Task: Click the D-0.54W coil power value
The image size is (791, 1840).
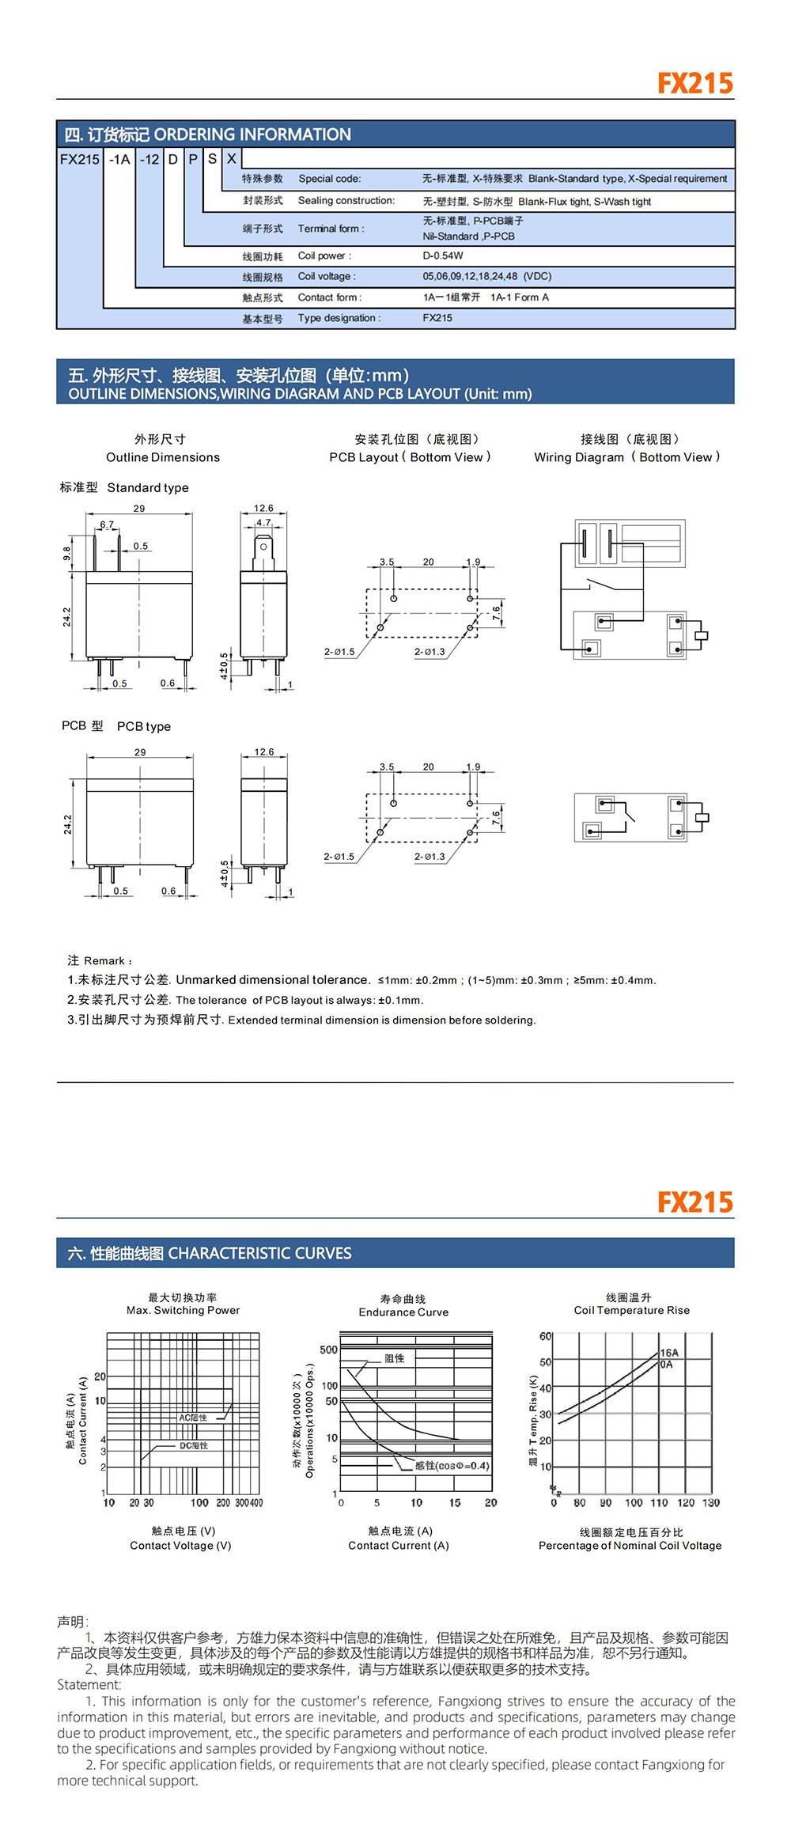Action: (443, 256)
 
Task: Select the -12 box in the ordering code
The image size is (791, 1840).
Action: (149, 159)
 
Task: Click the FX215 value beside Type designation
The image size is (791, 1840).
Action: (437, 318)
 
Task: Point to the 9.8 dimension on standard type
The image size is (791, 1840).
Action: (67, 554)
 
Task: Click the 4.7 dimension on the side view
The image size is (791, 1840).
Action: (263, 523)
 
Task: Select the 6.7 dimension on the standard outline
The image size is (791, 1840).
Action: (107, 524)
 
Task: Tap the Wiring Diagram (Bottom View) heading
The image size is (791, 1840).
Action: (627, 457)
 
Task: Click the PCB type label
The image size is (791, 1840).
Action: (143, 726)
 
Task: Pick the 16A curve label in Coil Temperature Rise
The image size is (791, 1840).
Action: (669, 1353)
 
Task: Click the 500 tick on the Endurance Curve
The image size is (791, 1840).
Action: (328, 1350)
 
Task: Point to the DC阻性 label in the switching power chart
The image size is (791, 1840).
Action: (194, 1445)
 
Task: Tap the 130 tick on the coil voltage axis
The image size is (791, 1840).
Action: (711, 1502)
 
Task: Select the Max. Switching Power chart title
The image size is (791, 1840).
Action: (183, 1310)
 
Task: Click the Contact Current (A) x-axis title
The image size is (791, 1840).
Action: (398, 1545)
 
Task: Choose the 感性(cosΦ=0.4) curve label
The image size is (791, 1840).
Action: (452, 1465)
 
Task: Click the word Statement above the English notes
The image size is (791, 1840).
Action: (89, 1685)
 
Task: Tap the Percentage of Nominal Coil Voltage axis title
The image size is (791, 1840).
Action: (630, 1545)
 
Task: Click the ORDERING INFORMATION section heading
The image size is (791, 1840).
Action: (252, 134)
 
